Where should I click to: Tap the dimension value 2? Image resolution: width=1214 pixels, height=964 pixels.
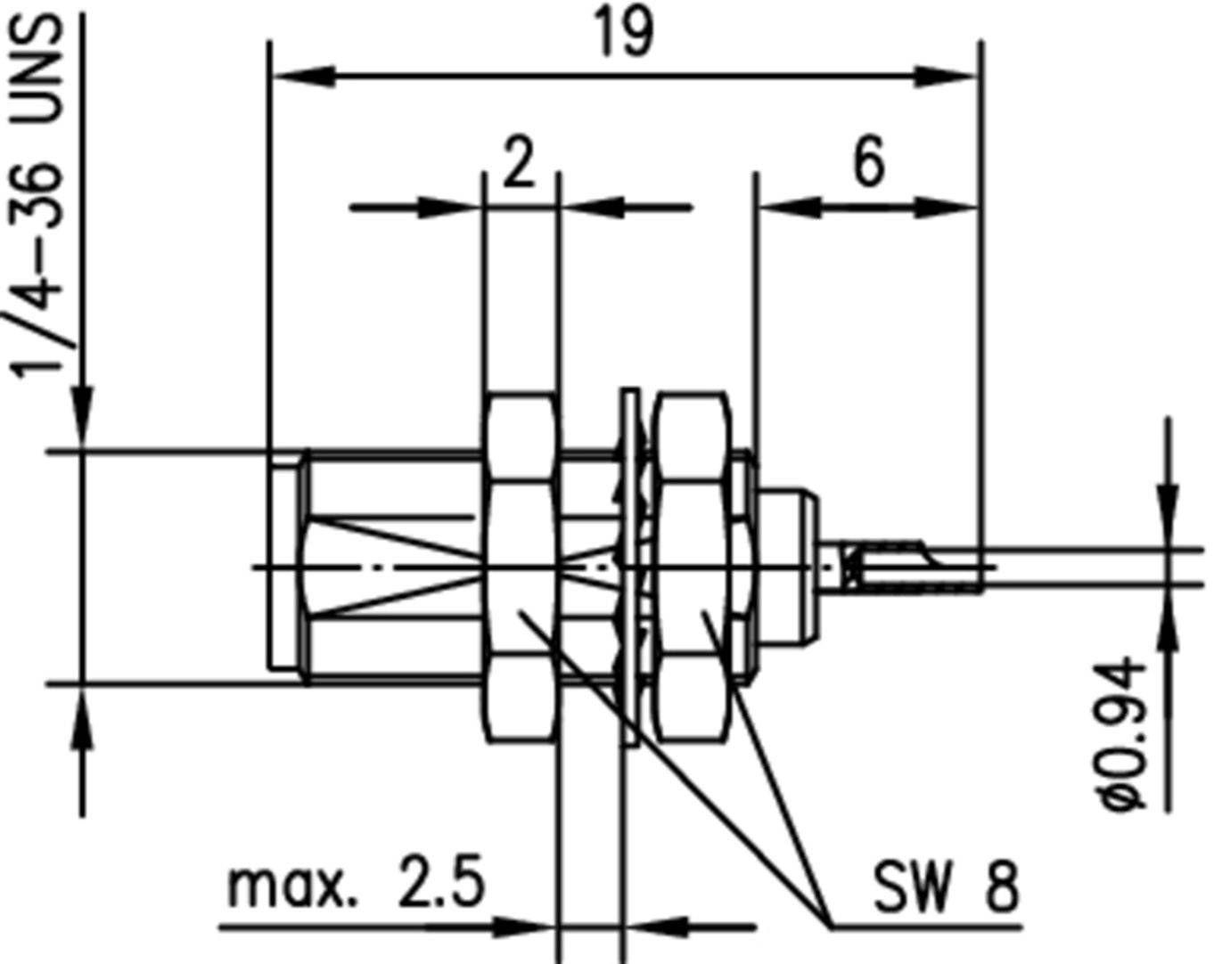coord(519,163)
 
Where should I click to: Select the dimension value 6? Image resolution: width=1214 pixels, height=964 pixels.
coord(869,163)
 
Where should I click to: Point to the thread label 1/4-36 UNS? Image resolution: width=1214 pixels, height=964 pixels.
coord(40,196)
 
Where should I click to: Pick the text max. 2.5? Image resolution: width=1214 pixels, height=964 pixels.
coord(357,884)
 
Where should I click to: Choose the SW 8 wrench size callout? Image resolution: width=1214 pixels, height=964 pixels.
coord(945,886)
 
